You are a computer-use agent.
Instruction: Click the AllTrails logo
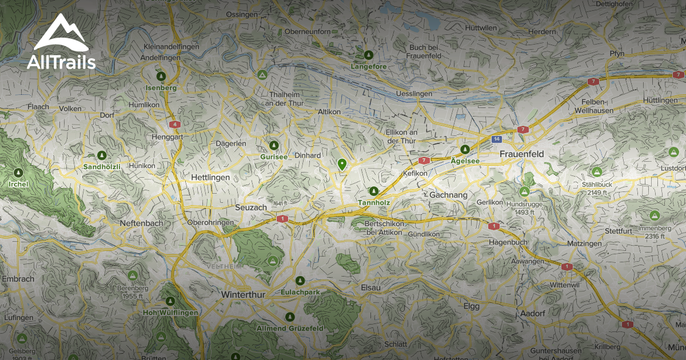(61, 43)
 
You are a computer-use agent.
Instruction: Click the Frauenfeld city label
(520, 154)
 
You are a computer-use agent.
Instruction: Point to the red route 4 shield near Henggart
(174, 124)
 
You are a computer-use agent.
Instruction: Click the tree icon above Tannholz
(374, 191)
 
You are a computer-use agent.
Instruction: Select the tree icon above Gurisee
(274, 146)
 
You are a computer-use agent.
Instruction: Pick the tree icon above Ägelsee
(465, 149)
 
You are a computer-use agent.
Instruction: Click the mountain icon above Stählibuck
(597, 171)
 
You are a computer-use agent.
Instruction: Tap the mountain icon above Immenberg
(655, 215)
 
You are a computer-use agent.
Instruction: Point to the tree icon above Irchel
(18, 173)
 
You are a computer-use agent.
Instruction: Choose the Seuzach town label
(250, 207)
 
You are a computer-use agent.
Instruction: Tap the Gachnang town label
(448, 195)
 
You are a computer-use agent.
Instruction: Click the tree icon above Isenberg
(161, 76)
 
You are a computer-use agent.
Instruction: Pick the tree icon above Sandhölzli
(102, 155)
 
